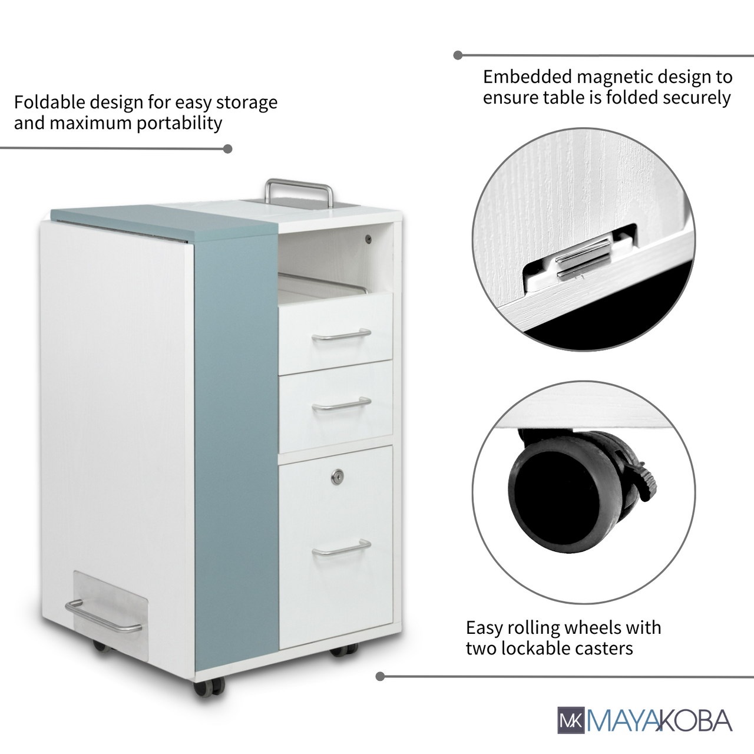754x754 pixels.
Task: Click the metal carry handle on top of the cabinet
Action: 299,183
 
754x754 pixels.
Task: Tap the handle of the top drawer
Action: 342,335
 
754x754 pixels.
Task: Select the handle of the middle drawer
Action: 342,404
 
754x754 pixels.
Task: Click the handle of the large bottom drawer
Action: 342,547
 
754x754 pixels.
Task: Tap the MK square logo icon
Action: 571,720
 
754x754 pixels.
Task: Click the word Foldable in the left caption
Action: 49,102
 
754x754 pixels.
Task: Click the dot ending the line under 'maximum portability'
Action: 227,148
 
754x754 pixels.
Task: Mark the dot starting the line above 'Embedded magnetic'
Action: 458,55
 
